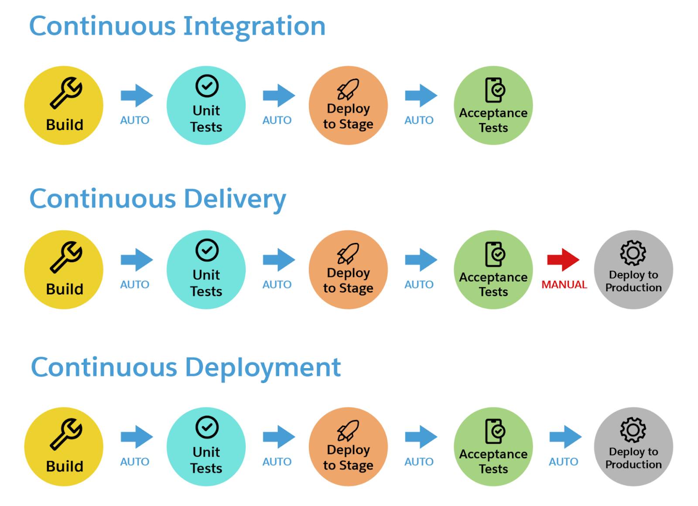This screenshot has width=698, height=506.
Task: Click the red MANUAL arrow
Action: click(x=563, y=260)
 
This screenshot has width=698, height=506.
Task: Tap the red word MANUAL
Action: click(x=564, y=284)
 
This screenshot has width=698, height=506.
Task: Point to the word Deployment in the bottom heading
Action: click(x=263, y=369)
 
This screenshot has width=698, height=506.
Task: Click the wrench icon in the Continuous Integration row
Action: click(x=66, y=93)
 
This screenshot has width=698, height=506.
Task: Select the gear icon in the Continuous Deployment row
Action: click(x=633, y=430)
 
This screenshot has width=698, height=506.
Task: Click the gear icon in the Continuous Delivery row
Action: click(x=633, y=253)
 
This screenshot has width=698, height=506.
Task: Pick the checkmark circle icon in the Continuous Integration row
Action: click(x=207, y=85)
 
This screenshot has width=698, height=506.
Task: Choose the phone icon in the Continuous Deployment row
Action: click(x=495, y=431)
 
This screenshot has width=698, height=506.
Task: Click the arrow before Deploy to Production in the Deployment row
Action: click(x=565, y=437)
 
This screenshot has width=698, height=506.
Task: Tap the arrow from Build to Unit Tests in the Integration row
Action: click(x=137, y=96)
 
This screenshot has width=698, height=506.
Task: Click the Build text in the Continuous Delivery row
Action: click(x=65, y=289)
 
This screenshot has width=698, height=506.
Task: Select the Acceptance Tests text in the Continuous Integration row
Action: click(x=493, y=120)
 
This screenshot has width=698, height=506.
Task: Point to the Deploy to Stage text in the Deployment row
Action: click(x=348, y=458)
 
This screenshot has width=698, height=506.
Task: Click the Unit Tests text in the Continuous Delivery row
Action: click(x=206, y=283)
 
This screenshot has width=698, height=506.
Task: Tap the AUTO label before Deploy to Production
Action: click(x=563, y=462)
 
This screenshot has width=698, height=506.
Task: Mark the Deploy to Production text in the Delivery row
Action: click(x=633, y=281)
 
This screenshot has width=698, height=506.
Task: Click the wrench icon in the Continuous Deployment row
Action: click(x=66, y=434)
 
